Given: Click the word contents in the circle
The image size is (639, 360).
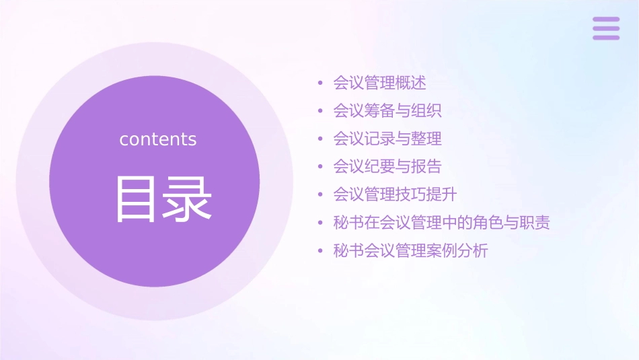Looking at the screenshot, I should [158, 139].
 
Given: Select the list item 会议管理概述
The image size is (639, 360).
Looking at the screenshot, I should [379, 83].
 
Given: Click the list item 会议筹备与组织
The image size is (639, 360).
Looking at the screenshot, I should [387, 111].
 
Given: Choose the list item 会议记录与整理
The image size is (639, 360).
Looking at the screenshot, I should [387, 139].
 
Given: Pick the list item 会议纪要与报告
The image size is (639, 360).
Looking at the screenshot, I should [387, 166].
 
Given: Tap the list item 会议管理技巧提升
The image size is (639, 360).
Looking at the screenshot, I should [395, 194].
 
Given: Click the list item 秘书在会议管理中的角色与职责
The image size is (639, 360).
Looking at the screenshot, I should [442, 223].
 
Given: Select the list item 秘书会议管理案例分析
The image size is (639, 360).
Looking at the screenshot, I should [410, 251].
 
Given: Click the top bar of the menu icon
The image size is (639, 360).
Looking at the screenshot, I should [606, 20].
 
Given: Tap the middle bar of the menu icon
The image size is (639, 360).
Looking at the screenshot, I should [606, 28].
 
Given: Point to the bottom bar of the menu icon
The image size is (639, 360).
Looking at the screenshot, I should [606, 37].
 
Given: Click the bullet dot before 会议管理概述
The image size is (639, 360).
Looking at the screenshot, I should [321, 83].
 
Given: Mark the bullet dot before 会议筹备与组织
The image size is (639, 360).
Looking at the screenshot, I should [321, 111].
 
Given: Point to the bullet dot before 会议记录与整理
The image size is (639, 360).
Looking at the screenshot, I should [321, 139].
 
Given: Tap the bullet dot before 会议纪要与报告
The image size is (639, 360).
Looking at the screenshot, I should [321, 167].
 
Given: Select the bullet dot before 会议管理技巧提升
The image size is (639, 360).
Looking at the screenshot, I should [321, 195].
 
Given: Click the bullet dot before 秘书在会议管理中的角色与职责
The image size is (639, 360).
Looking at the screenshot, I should [321, 223].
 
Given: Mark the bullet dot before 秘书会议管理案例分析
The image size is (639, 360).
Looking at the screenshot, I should [321, 252].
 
